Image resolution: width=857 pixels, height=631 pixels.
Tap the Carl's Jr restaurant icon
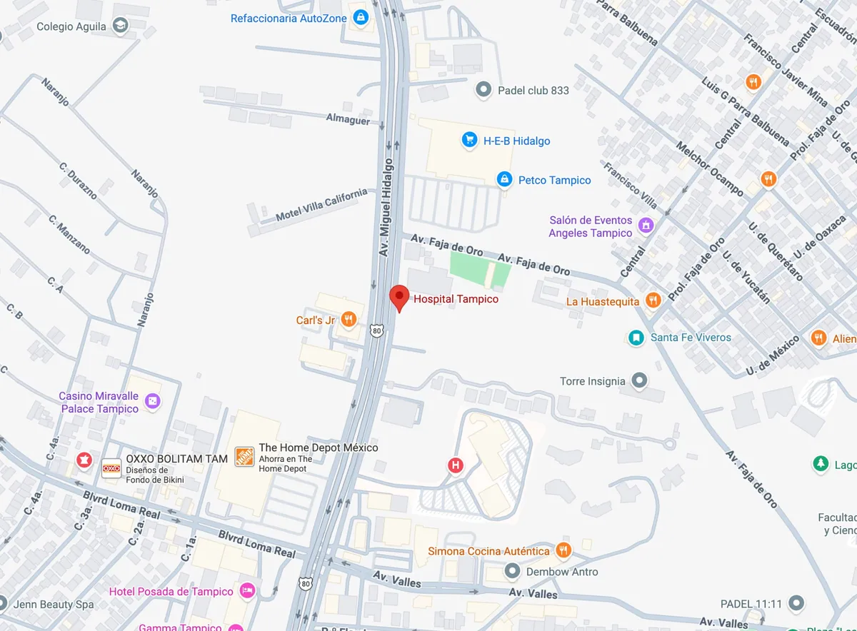(x=349, y=320)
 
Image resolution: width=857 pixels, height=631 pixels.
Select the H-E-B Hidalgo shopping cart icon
(x=469, y=140)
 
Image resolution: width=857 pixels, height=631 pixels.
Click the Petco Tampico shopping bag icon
(x=504, y=179)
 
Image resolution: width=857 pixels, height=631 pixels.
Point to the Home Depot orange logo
(x=244, y=457)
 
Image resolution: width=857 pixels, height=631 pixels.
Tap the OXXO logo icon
(x=111, y=468)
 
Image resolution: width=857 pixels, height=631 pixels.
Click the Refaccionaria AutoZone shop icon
(x=361, y=18)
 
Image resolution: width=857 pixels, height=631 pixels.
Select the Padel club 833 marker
(x=484, y=90)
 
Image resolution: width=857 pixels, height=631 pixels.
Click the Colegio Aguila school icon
(x=120, y=26)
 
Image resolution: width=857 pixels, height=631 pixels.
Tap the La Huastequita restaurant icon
(x=653, y=301)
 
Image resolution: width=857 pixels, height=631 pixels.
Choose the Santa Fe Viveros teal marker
(x=636, y=337)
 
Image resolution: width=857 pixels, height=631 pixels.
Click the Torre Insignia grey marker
(x=639, y=380)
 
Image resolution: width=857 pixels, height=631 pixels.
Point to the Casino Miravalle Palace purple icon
(x=152, y=402)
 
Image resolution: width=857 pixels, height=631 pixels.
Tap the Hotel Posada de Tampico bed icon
(x=247, y=590)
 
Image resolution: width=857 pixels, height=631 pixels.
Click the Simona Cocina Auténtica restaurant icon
(x=563, y=550)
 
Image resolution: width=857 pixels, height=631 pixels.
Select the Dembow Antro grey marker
(x=512, y=571)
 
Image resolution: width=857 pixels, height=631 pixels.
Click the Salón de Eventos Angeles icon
(x=646, y=226)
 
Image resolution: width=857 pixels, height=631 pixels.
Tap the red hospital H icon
(x=455, y=465)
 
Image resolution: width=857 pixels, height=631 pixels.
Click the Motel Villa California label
(x=321, y=203)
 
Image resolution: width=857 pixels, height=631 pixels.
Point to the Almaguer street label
(x=349, y=120)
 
